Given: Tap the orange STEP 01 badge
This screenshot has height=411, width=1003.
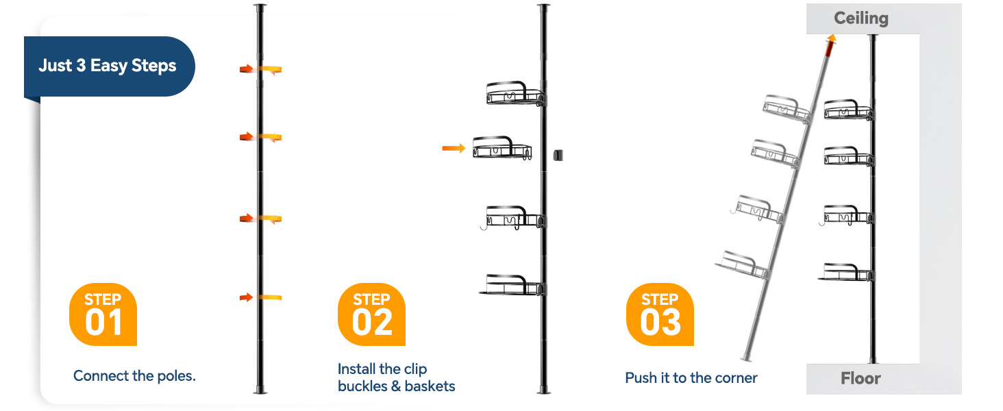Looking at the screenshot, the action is (x=103, y=314).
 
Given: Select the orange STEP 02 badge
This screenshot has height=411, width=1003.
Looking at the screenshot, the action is (x=371, y=314).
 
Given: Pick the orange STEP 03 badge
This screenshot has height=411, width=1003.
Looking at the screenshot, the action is (x=660, y=314).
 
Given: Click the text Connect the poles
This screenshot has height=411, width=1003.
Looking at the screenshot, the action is (x=134, y=375).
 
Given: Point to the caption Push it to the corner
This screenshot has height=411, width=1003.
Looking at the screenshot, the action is (x=691, y=378).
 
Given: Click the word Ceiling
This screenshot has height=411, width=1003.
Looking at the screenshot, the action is (x=861, y=18).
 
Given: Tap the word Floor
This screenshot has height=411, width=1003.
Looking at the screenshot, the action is (x=860, y=378).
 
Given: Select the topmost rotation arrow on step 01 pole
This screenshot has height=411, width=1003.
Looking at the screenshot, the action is (x=261, y=69).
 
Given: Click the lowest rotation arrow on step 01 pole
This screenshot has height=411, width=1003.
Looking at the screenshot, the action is (x=261, y=297).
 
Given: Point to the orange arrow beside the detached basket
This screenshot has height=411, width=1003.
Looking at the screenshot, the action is (x=454, y=148).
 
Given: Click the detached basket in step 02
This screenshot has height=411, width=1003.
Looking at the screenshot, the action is (x=502, y=148).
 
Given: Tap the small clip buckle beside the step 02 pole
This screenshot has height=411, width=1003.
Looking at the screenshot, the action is (x=558, y=155).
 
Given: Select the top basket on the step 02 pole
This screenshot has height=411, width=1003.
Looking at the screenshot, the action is (x=516, y=94).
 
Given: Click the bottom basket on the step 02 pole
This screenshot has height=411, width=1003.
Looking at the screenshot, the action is (x=512, y=285).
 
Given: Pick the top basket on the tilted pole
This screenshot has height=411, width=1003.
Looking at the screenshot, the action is (x=787, y=108).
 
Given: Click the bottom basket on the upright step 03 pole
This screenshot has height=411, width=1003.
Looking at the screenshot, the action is (x=846, y=272).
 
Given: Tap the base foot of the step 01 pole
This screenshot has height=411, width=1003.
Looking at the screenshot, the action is (x=260, y=390).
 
